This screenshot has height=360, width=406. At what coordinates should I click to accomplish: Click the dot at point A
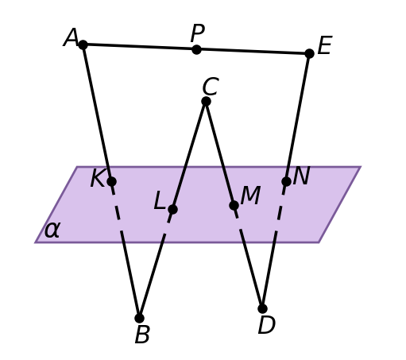tap(83, 45)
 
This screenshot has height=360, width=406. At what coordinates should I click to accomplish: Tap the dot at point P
tap(196, 49)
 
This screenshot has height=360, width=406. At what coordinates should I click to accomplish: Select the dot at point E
tap(309, 53)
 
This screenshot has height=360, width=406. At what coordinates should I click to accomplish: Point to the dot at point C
tap(206, 101)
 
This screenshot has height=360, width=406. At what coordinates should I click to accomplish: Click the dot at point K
tap(112, 181)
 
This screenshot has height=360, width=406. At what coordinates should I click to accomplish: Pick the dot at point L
tap(172, 209)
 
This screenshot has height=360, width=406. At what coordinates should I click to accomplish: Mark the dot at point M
tap(234, 205)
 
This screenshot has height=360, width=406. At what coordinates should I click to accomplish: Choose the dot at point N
tap(286, 181)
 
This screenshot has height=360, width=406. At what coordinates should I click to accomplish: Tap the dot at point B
tap(139, 318)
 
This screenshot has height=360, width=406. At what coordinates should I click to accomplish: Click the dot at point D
tap(262, 308)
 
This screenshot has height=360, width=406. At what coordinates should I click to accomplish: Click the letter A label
tap(71, 37)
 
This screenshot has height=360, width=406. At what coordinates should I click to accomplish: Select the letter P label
tap(198, 33)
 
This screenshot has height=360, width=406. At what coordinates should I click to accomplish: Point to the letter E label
tap(324, 45)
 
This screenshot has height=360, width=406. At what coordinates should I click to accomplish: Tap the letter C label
tap(211, 87)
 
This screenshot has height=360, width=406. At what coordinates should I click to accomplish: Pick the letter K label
tap(99, 178)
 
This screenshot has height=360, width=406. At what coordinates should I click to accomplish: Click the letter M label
tap(250, 195)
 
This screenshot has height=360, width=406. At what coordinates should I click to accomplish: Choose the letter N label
tap(302, 176)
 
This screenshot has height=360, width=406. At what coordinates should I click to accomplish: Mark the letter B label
tap(142, 335)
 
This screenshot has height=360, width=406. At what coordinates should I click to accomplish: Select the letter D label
tap(267, 325)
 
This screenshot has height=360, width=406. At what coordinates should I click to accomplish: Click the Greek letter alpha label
tap(52, 230)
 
